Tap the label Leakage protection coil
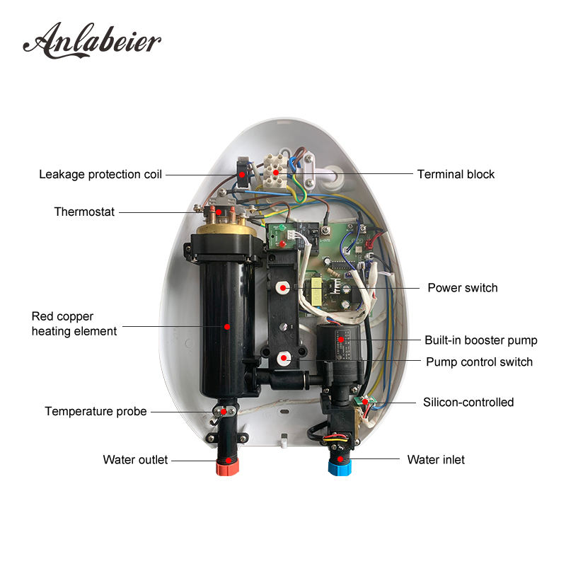(x=100, y=174)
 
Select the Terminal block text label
(x=456, y=174)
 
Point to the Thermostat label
(x=84, y=212)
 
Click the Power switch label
(x=462, y=288)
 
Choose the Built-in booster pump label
(x=480, y=340)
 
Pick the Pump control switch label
(x=479, y=362)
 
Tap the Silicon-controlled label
(x=468, y=403)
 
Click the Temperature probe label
(x=96, y=411)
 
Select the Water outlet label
(x=135, y=460)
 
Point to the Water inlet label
(x=436, y=460)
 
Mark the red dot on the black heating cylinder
(x=227, y=327)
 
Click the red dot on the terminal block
(x=275, y=171)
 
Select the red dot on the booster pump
(x=341, y=340)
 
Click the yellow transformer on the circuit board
(x=314, y=288)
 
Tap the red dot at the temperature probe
(x=225, y=411)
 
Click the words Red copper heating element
(x=74, y=323)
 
